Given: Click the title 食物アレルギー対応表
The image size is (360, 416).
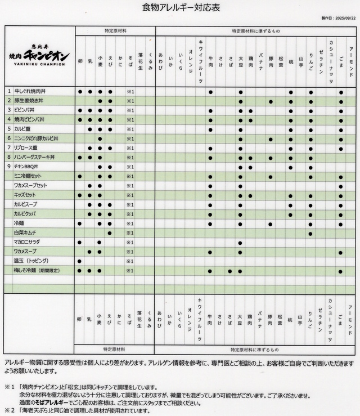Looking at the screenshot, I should pos(180,8).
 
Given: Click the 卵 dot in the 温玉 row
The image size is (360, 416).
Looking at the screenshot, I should pos(80,261).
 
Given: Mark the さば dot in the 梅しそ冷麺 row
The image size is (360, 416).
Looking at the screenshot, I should pos(231,271).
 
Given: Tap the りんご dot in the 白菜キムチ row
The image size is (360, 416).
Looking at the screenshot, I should pos(310,232).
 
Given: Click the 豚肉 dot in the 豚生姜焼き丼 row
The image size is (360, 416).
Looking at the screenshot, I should pos(271,101).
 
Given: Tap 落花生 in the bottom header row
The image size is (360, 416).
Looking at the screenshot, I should pos(140,323).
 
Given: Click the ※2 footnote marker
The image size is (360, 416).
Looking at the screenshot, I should pos(9,410).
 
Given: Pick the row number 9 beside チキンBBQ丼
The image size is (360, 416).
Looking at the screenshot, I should pos(10,167).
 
